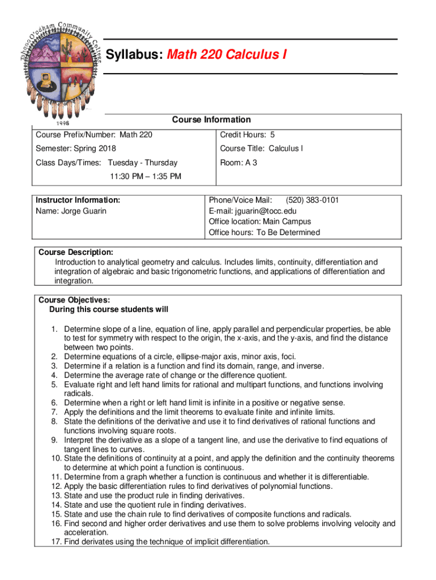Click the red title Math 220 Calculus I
point(226,54)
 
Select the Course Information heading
point(211,120)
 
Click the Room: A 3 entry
point(238,163)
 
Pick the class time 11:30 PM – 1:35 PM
point(146,176)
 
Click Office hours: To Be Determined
point(264,232)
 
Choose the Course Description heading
point(75,251)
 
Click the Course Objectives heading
point(74,300)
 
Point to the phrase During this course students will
point(109,309)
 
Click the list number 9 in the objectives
point(55,440)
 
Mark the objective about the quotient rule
point(155,504)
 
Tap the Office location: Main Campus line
point(260,221)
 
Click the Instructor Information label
point(78,200)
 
